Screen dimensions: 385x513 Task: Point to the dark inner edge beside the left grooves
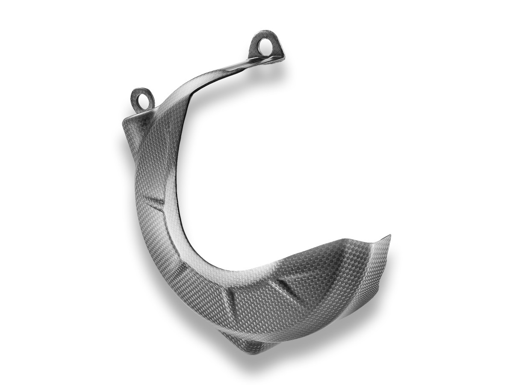click(177, 201)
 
